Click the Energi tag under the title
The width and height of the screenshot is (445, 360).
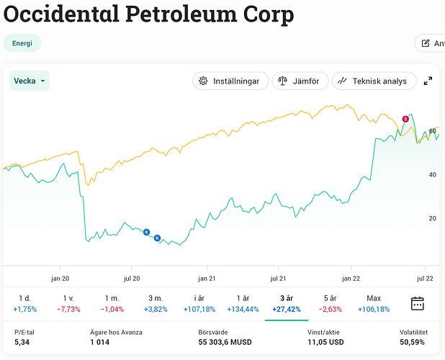[x=22, y=43]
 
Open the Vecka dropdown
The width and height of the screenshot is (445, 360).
[x=30, y=81]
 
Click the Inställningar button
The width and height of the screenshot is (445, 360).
[x=230, y=81]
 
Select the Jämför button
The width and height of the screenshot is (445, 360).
[x=300, y=81]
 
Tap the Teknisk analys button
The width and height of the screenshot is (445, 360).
[x=374, y=81]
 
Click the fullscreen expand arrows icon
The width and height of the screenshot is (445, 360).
[x=428, y=81]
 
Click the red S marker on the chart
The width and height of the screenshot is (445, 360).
[x=405, y=119]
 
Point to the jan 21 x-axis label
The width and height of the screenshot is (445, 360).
[x=207, y=278]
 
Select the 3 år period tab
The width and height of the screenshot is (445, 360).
[x=287, y=297]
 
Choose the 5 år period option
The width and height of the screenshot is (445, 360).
[x=329, y=297]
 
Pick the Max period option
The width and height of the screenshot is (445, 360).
[x=374, y=297]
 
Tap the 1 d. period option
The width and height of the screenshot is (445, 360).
[x=23, y=297]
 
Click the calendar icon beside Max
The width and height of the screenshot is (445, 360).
[x=418, y=303]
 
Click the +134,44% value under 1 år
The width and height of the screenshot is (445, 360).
[x=241, y=309]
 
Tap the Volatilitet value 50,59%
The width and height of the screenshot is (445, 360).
[x=413, y=342]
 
